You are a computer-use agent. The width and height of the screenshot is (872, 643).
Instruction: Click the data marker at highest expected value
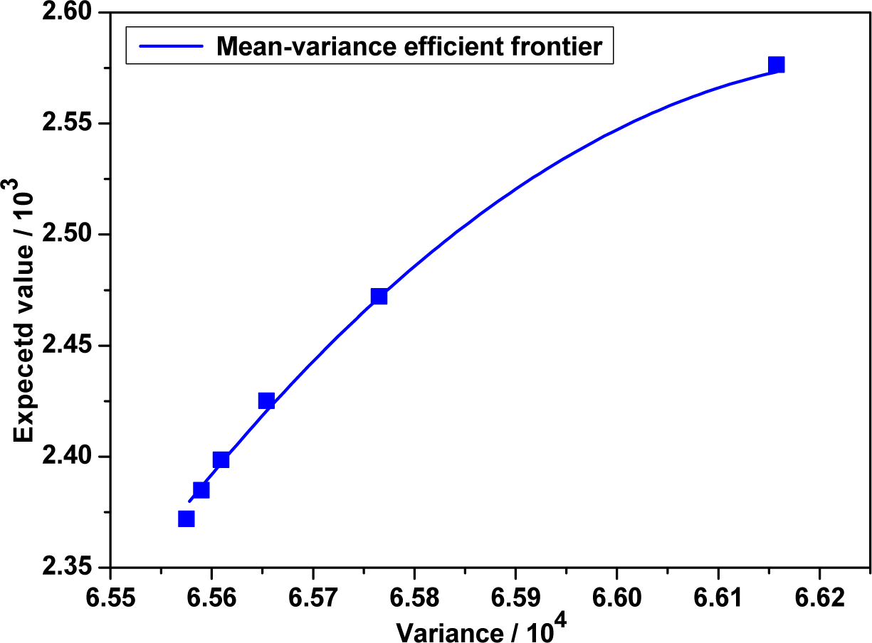click(x=777, y=65)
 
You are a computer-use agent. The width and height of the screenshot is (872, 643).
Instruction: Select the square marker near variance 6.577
click(x=379, y=296)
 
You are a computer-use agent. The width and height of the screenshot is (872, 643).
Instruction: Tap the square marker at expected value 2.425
click(x=266, y=400)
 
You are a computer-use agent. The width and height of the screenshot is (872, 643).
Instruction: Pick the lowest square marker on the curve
click(x=187, y=519)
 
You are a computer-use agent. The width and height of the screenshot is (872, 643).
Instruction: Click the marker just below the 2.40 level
click(x=221, y=459)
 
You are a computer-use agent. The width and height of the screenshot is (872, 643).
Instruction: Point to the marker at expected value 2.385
click(x=201, y=490)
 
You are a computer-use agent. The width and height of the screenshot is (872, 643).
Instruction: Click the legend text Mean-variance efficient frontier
click(x=410, y=47)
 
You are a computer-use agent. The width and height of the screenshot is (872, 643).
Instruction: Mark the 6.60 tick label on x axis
click(x=616, y=595)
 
